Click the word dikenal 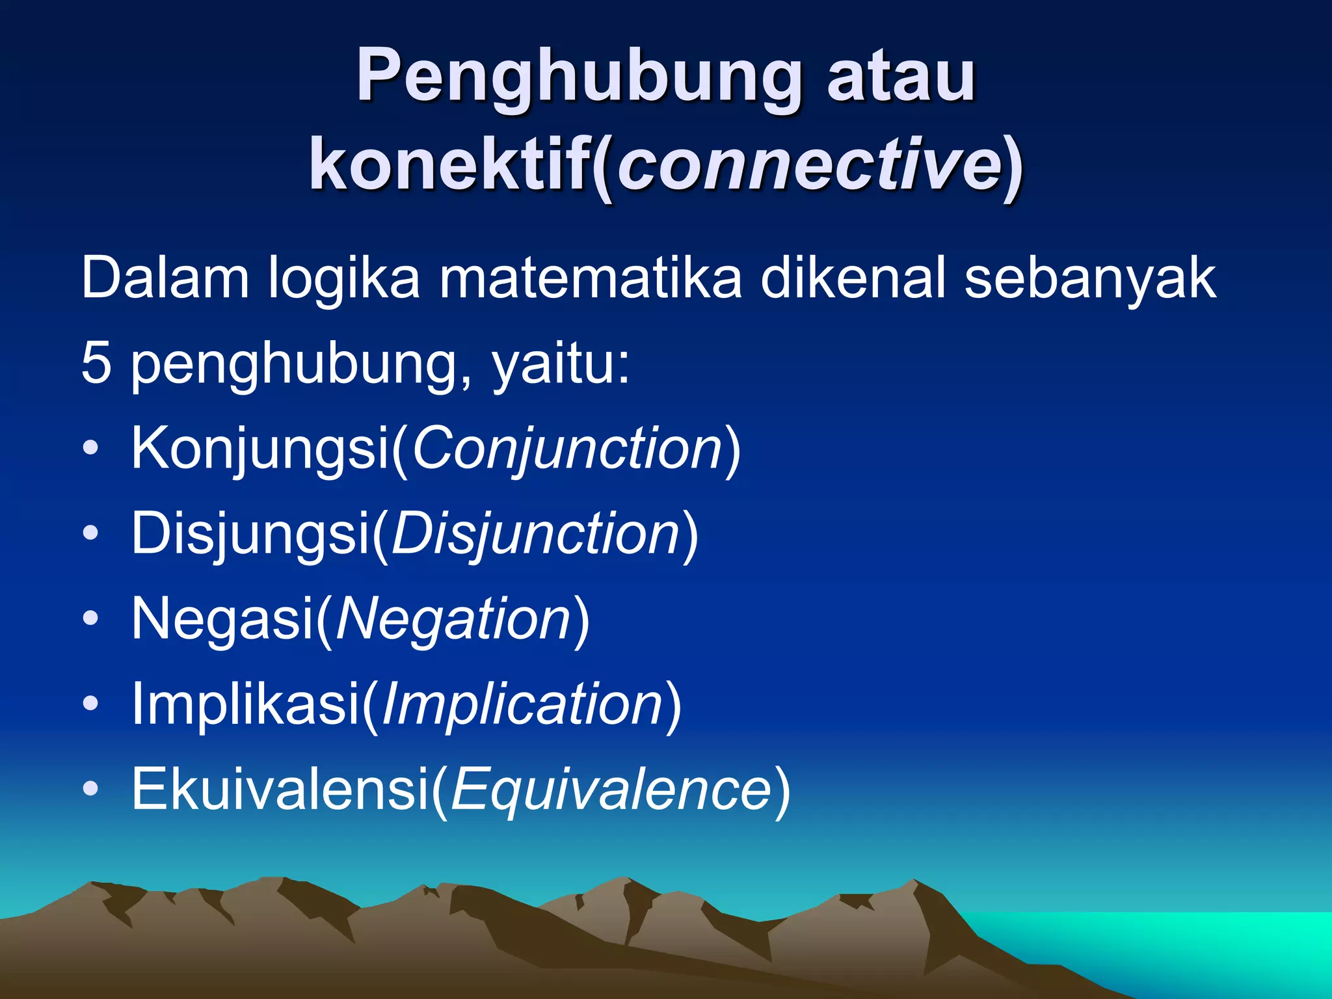click(x=852, y=278)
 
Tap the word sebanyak click(x=1089, y=278)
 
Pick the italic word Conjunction click(x=567, y=448)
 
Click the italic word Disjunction click(x=535, y=533)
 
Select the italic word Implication click(x=522, y=704)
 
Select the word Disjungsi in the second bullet click(x=250, y=533)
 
